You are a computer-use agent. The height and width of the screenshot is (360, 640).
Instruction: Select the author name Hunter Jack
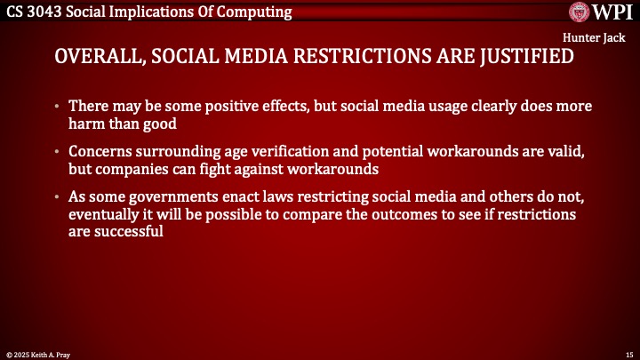pos(598,39)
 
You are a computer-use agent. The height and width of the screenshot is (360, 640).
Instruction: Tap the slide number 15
pos(628,354)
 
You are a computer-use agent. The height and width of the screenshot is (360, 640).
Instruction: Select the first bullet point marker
pos(58,106)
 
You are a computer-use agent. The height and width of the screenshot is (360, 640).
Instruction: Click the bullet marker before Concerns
pos(58,152)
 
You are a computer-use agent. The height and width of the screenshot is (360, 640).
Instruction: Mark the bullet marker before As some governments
pos(58,198)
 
